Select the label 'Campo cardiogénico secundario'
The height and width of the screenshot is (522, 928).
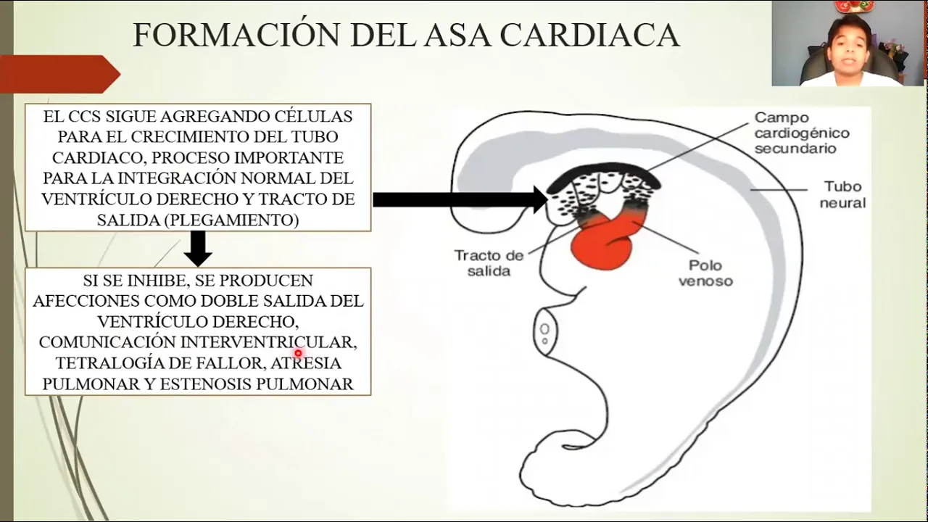(801, 133)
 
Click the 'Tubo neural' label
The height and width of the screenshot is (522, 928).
(842, 195)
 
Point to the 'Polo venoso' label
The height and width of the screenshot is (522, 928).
(705, 273)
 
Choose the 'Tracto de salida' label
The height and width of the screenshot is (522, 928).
(489, 263)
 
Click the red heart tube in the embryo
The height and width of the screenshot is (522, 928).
(603, 243)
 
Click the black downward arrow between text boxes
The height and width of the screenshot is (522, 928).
(197, 249)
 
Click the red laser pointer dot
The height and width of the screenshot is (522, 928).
(298, 354)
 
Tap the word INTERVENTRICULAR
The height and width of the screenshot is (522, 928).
(268, 341)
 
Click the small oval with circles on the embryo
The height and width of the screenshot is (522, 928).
(544, 333)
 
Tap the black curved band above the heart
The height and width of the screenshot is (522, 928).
(602, 172)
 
